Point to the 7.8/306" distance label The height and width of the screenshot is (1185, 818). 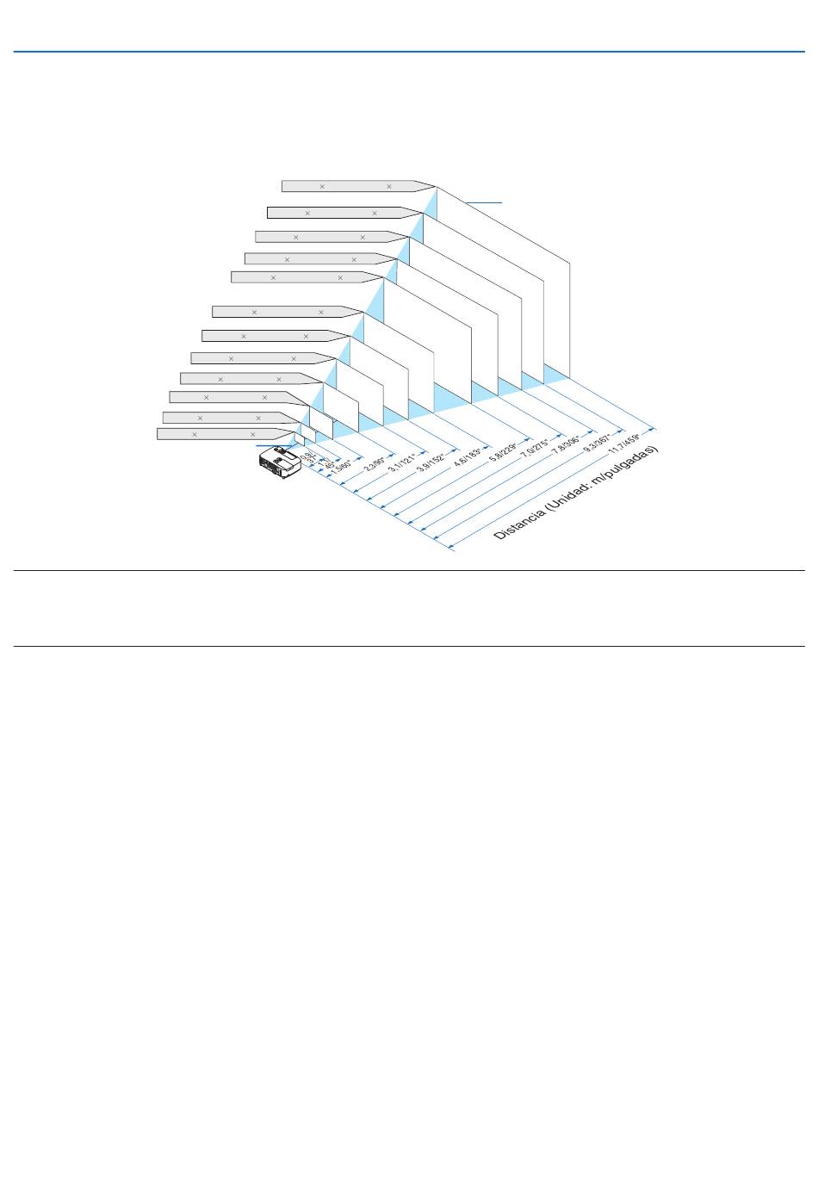click(566, 441)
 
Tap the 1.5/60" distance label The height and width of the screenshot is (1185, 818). click(341, 466)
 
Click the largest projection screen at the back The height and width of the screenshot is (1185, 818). click(504, 284)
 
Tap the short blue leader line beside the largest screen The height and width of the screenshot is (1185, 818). click(484, 202)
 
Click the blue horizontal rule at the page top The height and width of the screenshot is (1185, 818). click(409, 52)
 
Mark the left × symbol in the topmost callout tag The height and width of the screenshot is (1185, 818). click(322, 186)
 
